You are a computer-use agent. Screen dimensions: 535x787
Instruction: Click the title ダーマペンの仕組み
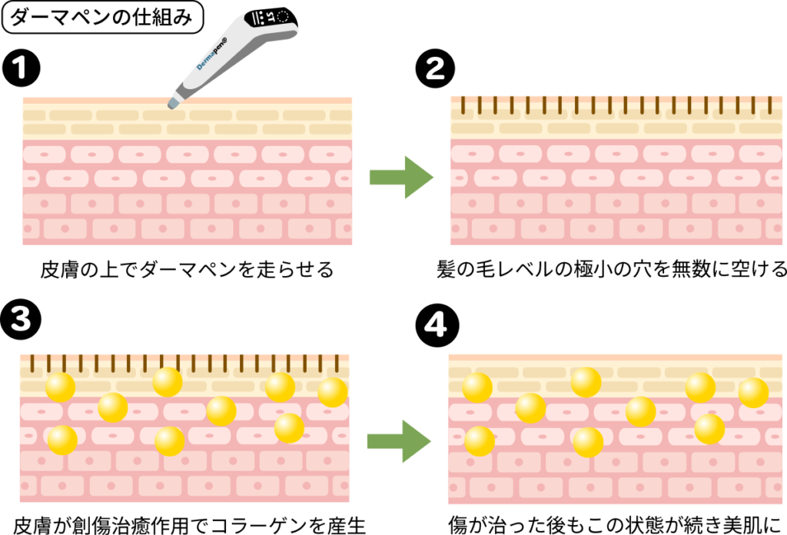[101, 17]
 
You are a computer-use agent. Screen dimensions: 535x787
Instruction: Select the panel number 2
[435, 69]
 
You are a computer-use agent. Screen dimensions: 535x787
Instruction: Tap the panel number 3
[21, 319]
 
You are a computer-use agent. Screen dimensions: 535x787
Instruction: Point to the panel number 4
[435, 325]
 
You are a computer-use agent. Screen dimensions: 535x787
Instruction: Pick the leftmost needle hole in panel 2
[462, 105]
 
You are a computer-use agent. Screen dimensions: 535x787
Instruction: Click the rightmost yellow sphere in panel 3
[332, 392]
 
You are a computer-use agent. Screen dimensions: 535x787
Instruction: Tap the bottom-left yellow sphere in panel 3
[62, 440]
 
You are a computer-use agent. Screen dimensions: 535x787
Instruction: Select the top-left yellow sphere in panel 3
[60, 387]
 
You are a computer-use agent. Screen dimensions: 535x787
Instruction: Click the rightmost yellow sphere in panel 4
[753, 393]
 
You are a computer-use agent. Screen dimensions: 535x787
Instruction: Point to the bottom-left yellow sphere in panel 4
[479, 441]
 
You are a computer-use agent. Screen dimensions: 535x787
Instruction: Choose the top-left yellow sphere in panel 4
[477, 387]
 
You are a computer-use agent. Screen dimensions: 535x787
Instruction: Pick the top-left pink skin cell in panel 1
[45, 155]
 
